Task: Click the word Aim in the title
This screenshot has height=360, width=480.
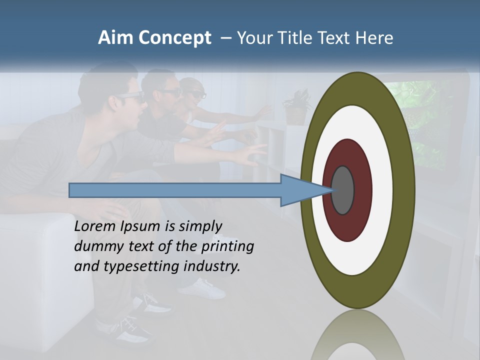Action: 116,38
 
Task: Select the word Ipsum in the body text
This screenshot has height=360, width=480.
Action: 140,227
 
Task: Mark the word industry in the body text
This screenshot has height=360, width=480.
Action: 212,266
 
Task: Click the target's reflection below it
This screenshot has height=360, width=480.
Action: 357,335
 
